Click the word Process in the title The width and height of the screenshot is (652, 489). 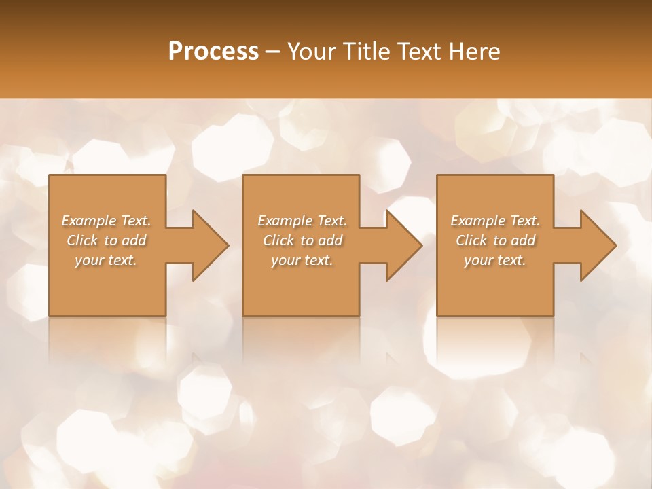click(x=213, y=52)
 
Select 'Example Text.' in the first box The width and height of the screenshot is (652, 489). click(x=106, y=221)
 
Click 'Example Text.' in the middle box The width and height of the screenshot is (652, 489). click(x=302, y=221)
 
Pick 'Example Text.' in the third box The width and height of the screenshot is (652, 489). click(x=495, y=221)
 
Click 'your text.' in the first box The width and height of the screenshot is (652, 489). click(x=106, y=260)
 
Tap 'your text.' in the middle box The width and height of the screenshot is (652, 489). click(x=302, y=260)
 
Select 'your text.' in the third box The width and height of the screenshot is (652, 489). click(x=495, y=260)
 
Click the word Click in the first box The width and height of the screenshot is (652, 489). click(x=82, y=240)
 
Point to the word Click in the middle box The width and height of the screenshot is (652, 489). click(x=278, y=240)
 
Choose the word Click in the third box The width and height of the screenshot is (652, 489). click(x=471, y=240)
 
